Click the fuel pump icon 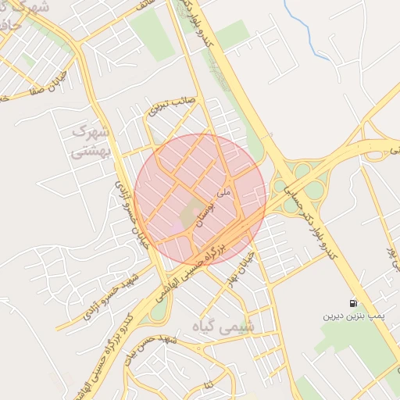pyautogui.click(x=354, y=303)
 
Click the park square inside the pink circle pyautogui.click(x=191, y=213)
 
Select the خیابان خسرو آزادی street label pyautogui.click(x=130, y=209)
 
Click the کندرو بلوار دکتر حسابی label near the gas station pyautogui.click(x=331, y=227)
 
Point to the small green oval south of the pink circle pyautogui.click(x=159, y=310)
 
